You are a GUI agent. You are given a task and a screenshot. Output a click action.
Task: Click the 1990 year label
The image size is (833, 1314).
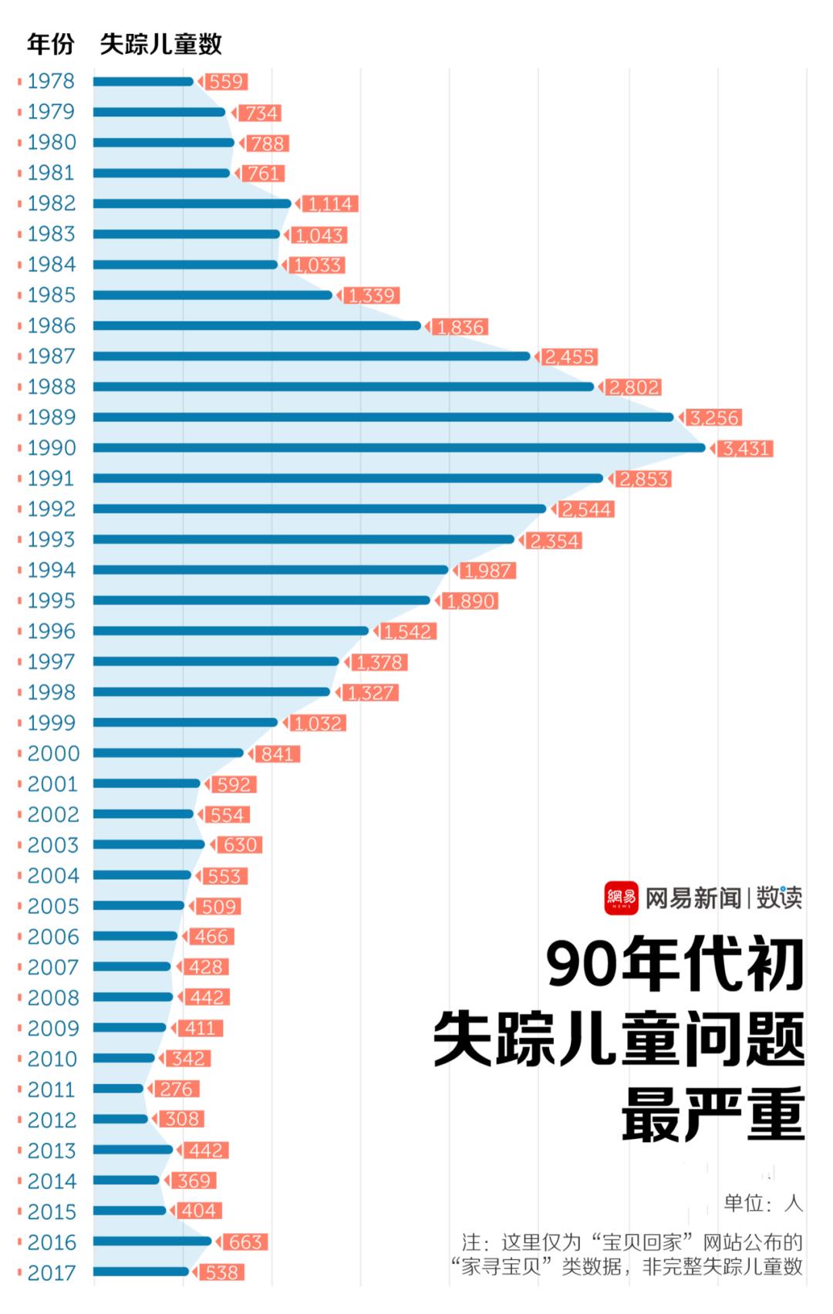[x=52, y=448]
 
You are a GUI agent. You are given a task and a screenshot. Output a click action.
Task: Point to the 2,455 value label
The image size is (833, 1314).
[x=570, y=357]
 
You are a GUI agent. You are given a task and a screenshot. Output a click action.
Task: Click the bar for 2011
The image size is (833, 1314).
[x=119, y=1089]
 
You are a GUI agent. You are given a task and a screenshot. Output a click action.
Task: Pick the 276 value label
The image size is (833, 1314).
[x=177, y=1089]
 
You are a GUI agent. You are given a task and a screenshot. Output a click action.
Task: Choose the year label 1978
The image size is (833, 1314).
[x=51, y=81]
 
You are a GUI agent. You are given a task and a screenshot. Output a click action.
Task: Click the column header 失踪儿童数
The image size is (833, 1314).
[x=161, y=44]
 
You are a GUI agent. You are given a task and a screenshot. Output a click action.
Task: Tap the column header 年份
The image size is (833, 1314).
[x=50, y=44]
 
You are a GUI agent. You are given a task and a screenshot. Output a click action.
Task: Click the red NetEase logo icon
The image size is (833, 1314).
[x=621, y=898]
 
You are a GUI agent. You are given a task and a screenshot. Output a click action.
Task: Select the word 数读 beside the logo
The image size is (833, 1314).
[x=778, y=898]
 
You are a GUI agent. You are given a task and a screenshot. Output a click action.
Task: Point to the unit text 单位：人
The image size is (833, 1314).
[x=763, y=1203]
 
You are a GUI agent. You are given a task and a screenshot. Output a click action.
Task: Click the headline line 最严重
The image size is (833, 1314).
[x=713, y=1115]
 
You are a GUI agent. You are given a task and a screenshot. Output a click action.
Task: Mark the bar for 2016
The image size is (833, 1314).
[x=152, y=1242]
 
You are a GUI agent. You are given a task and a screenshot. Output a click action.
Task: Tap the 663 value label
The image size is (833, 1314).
[x=245, y=1242]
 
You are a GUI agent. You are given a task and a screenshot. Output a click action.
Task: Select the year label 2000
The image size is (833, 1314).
[x=53, y=753]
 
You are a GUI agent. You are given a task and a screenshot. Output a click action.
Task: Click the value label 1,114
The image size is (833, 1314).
[x=329, y=204]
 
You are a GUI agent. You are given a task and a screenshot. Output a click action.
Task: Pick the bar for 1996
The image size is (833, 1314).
[x=231, y=631]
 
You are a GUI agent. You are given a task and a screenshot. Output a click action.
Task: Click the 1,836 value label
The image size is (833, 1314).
[x=460, y=327]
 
